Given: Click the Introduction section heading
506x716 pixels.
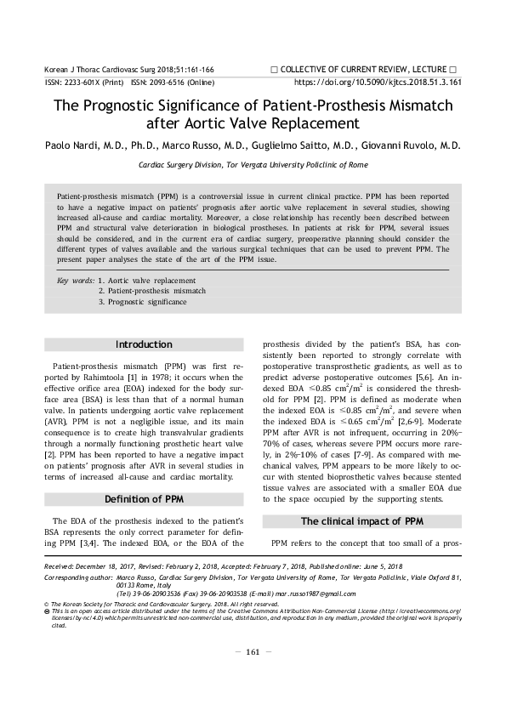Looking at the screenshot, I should pyautogui.click(x=143, y=344).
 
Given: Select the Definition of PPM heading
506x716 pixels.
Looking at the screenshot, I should pyautogui.click(x=143, y=497).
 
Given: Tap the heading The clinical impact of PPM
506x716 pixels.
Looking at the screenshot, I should pyautogui.click(x=361, y=520).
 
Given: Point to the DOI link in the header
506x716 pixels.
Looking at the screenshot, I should pyautogui.click(x=377, y=83).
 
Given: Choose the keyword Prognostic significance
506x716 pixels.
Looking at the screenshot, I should pyautogui.click(x=145, y=301).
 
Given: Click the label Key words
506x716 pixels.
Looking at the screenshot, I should pyautogui.click(x=74, y=280).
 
